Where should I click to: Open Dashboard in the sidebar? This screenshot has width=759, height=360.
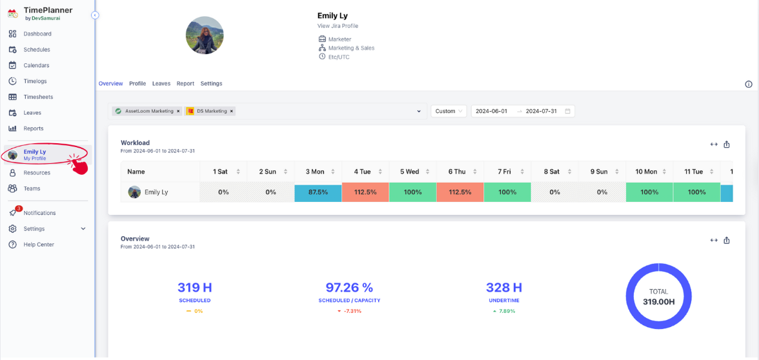tap(37, 34)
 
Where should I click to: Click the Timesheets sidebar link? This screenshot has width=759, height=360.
tap(38, 97)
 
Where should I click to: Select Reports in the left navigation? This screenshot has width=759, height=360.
tap(34, 128)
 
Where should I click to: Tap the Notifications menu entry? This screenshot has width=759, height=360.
tap(39, 213)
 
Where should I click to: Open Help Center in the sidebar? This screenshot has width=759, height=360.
tap(39, 245)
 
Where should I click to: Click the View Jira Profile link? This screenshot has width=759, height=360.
tap(338, 26)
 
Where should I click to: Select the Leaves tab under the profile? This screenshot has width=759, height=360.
tap(161, 84)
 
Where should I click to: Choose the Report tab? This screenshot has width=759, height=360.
tap(185, 84)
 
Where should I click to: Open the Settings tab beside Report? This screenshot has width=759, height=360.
tap(211, 84)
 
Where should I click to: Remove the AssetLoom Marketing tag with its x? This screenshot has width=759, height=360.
tap(178, 111)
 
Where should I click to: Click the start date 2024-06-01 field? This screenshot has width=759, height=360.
tap(491, 111)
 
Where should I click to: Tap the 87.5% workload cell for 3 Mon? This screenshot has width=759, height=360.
tap(318, 192)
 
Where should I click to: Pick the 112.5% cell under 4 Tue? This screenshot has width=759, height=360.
tap(365, 192)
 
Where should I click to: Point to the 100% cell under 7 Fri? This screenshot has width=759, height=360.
tap(507, 192)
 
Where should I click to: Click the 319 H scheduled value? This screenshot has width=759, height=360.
tap(194, 288)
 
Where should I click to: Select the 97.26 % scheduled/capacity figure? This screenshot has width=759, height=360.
tap(349, 288)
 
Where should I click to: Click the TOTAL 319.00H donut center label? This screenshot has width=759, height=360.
tap(658, 297)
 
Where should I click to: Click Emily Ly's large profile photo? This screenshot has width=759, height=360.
tap(205, 35)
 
